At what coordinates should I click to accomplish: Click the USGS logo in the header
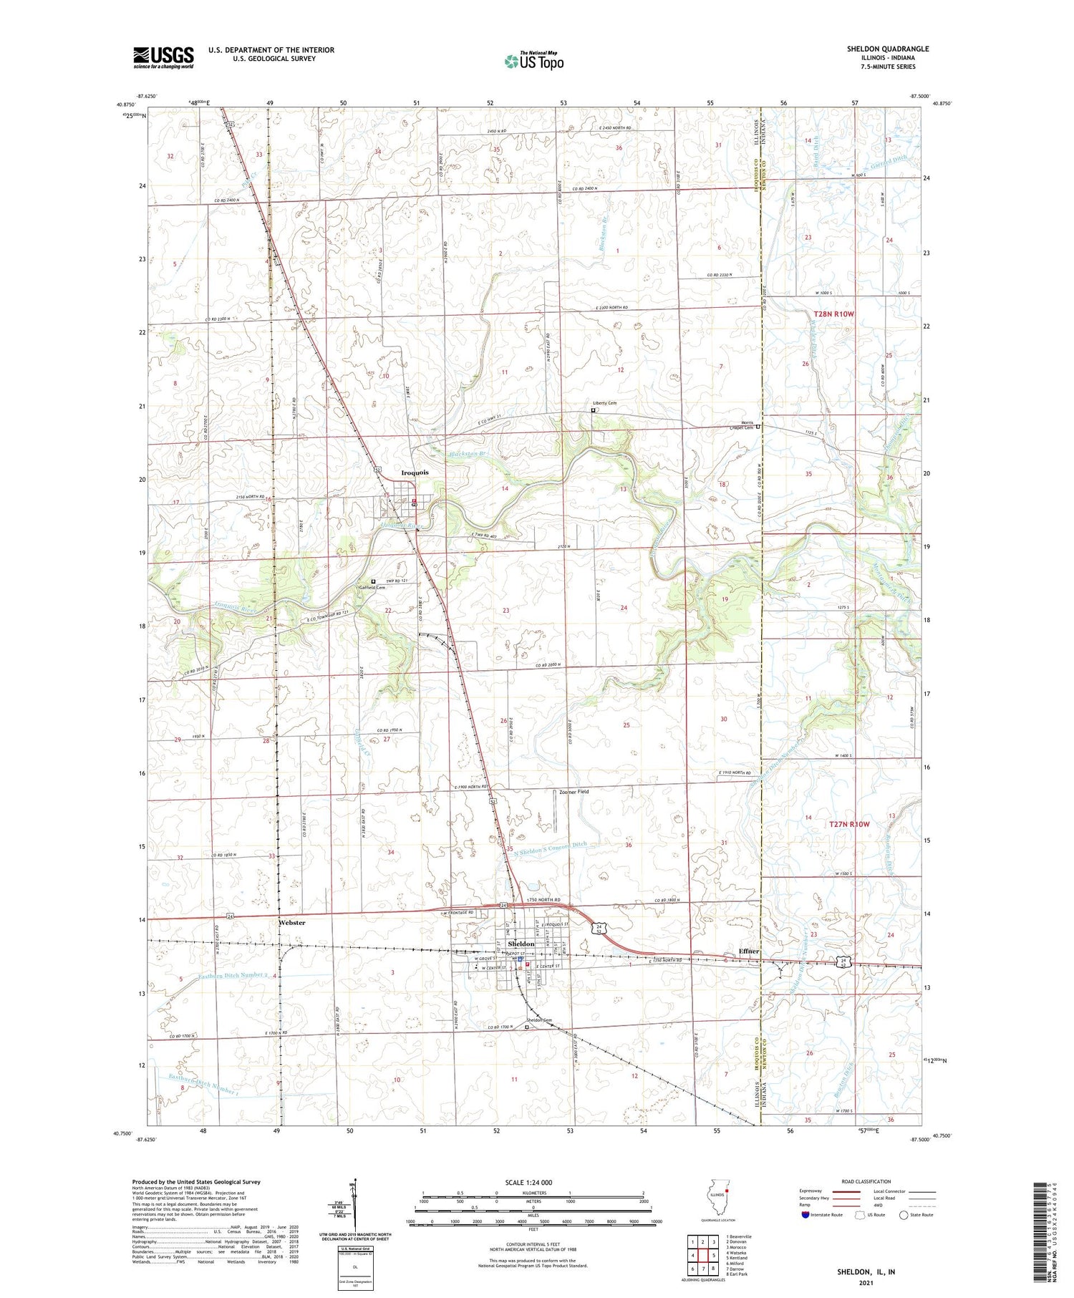click(163, 57)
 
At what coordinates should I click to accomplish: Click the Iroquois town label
click(415, 473)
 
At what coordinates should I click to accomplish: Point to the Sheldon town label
click(521, 944)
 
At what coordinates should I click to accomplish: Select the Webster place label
click(292, 923)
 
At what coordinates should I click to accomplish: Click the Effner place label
click(749, 951)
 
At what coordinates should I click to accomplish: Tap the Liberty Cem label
click(605, 403)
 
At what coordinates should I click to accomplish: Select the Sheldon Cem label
click(540, 1020)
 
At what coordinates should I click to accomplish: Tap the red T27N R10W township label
click(849, 824)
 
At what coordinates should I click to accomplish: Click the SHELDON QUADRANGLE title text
click(888, 49)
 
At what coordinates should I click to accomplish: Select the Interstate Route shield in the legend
click(805, 1215)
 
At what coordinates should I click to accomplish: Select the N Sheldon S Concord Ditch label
click(544, 846)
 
